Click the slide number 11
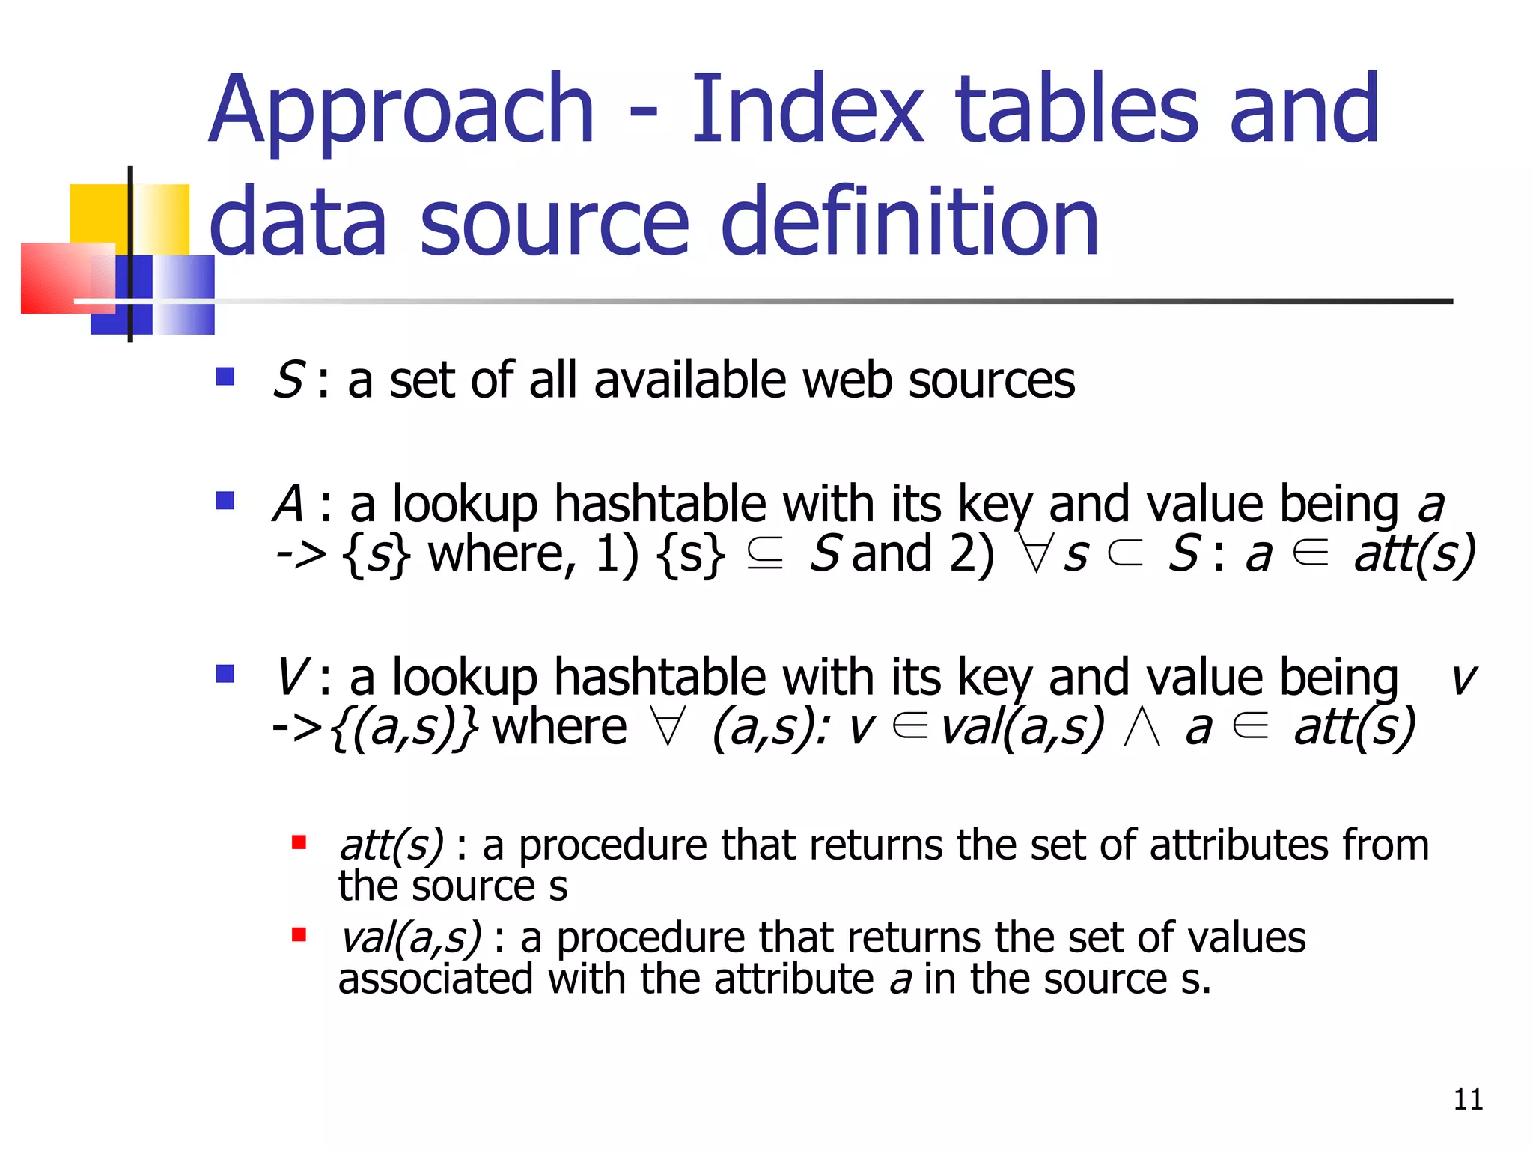tap(1468, 1099)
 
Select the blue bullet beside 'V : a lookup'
tap(225, 674)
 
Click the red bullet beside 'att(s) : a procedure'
tap(299, 843)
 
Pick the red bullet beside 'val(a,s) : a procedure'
tap(299, 934)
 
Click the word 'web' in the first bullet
tap(847, 380)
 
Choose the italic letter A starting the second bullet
tap(289, 503)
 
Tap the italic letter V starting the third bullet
tap(290, 677)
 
